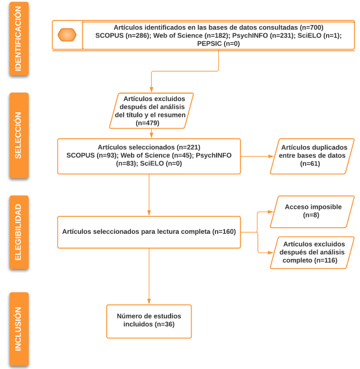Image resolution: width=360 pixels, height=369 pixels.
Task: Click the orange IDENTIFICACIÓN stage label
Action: (x=19, y=39)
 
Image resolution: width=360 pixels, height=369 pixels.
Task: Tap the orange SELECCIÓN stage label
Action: (x=19, y=135)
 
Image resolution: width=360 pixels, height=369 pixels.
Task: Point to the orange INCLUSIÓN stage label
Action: (x=19, y=329)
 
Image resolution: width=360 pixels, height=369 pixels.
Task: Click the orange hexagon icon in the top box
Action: (x=67, y=35)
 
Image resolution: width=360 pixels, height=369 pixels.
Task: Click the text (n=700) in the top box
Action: (x=311, y=27)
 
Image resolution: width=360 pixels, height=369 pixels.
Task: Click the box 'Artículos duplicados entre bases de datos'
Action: (x=312, y=156)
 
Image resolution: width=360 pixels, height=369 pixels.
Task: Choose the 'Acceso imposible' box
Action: (x=312, y=211)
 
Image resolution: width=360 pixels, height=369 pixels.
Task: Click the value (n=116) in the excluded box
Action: (x=327, y=260)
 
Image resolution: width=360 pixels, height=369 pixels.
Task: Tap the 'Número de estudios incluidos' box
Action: (x=149, y=321)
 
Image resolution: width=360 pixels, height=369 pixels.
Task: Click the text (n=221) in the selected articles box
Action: (x=188, y=147)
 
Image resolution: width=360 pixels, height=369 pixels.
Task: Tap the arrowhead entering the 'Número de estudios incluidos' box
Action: (x=149, y=302)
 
